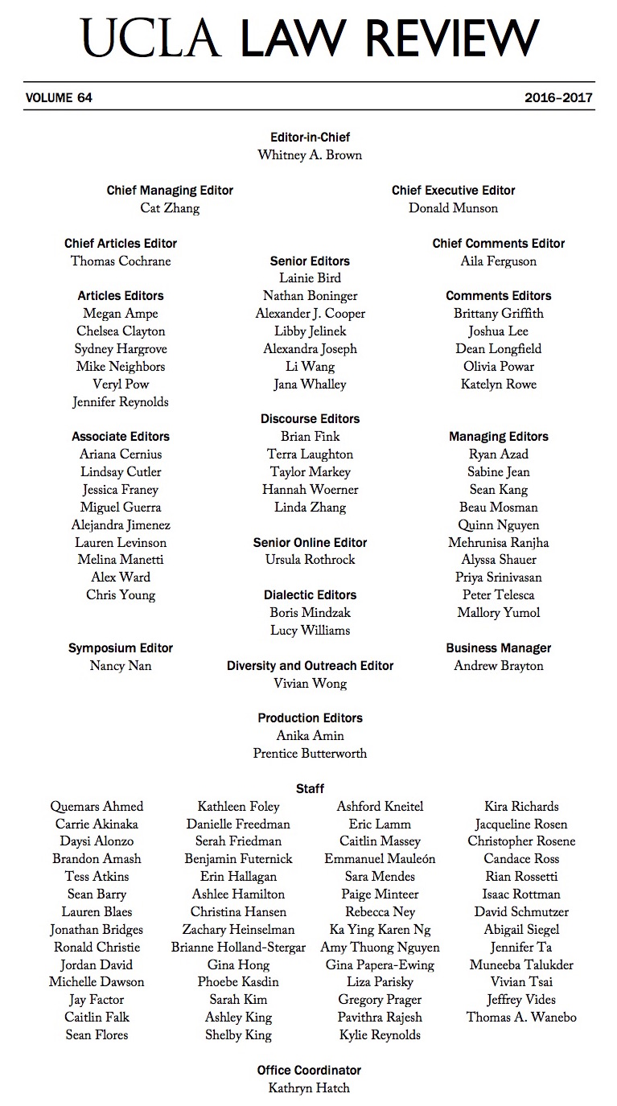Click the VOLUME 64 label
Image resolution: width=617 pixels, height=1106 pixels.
pos(60,98)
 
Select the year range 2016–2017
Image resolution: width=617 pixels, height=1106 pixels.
pos(558,98)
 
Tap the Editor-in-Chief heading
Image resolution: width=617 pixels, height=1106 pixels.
pos(310,138)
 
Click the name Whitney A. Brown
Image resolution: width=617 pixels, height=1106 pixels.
pos(310,155)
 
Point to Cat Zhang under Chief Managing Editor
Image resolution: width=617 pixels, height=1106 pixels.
pos(170,208)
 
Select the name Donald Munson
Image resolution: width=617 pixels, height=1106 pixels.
pos(453,208)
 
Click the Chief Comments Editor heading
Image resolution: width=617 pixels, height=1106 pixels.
pos(499,244)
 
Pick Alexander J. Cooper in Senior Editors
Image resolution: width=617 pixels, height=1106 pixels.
pos(310,314)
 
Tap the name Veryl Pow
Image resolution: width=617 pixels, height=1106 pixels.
pos(121,384)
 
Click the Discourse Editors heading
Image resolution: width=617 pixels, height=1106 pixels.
pos(310,419)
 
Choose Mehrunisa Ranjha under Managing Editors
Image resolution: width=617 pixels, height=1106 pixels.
pos(499,543)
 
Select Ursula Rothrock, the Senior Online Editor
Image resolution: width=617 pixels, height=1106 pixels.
pos(310,560)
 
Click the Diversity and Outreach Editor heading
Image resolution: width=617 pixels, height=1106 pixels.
pos(310,666)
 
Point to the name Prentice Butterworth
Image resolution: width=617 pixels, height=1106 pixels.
pos(310,754)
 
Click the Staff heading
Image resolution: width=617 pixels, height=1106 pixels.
pos(310,789)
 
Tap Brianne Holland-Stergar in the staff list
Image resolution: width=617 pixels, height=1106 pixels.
pos(238,948)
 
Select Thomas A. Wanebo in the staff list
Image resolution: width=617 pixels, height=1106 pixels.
pos(521,1018)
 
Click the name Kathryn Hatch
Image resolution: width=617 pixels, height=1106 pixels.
pos(310,1088)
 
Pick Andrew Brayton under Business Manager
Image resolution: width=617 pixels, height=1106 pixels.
pos(499,666)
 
